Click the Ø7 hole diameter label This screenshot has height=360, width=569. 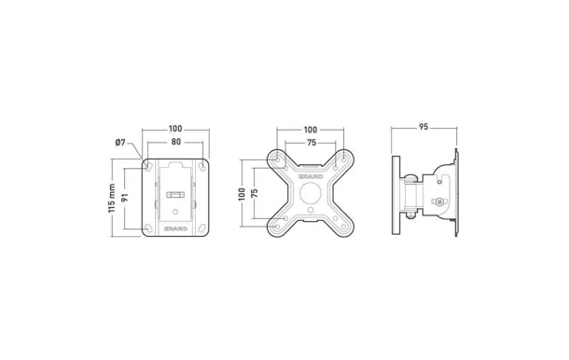(x=119, y=142)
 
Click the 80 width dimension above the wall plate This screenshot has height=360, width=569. (x=175, y=143)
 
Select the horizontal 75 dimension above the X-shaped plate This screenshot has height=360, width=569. (x=312, y=143)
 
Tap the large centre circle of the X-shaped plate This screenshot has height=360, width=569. (x=311, y=193)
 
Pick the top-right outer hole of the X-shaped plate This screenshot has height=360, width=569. (x=345, y=159)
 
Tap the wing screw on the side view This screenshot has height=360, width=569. (x=439, y=203)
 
